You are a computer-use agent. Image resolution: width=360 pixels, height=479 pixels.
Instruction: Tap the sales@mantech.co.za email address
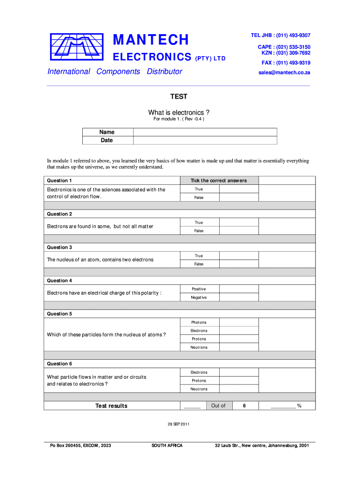[284, 73]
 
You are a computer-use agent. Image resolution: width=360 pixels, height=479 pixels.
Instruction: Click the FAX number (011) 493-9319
[286, 63]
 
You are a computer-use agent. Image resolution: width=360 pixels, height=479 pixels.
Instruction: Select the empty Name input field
[205, 132]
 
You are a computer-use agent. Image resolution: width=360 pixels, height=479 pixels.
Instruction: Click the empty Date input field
[205, 140]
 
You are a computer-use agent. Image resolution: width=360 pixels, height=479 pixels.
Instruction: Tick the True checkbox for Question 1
[238, 189]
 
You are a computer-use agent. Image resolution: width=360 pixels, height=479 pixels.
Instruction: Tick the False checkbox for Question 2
[238, 231]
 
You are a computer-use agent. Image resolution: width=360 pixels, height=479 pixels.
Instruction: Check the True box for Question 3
[238, 256]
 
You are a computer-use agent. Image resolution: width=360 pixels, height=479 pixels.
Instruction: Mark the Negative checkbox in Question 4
[238, 298]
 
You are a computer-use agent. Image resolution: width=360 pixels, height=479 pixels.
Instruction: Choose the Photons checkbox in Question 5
[238, 322]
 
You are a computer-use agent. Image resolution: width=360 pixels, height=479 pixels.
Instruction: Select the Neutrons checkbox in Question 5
[238, 348]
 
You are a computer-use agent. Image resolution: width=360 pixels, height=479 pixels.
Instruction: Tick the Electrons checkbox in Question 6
[238, 372]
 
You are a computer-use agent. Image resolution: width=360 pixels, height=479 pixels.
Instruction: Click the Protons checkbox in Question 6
[238, 381]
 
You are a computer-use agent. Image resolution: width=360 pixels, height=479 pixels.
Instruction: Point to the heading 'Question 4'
[60, 281]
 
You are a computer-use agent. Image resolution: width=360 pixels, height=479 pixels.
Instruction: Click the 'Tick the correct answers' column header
[218, 181]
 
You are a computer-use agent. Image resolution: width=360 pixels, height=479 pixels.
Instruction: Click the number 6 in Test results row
[244, 406]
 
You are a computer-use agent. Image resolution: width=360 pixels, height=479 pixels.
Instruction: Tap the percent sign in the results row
[299, 406]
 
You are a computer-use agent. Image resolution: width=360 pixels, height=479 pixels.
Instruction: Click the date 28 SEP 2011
[179, 424]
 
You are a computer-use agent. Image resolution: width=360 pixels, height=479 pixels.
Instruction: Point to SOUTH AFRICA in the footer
[167, 445]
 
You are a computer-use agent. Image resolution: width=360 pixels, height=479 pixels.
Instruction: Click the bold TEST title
[178, 96]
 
